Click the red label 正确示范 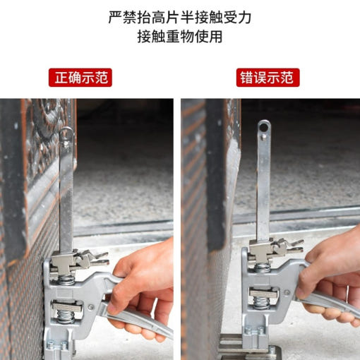pyautogui.click(x=80, y=78)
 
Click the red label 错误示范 pyautogui.click(x=268, y=78)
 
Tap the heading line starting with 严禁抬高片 pyautogui.click(x=180, y=17)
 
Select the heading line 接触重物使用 pyautogui.click(x=180, y=36)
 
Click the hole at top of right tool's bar pyautogui.click(x=264, y=127)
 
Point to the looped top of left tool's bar pyautogui.click(x=66, y=132)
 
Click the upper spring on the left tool pyautogui.click(x=66, y=280)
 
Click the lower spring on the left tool pyautogui.click(x=66, y=316)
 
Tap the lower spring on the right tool pyautogui.click(x=263, y=303)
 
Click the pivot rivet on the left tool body pyautogui.click(x=91, y=307)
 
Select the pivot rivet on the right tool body pyautogui.click(x=287, y=293)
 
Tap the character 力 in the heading pyautogui.click(x=245, y=17)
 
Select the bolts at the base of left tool pyautogui.click(x=57, y=345)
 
